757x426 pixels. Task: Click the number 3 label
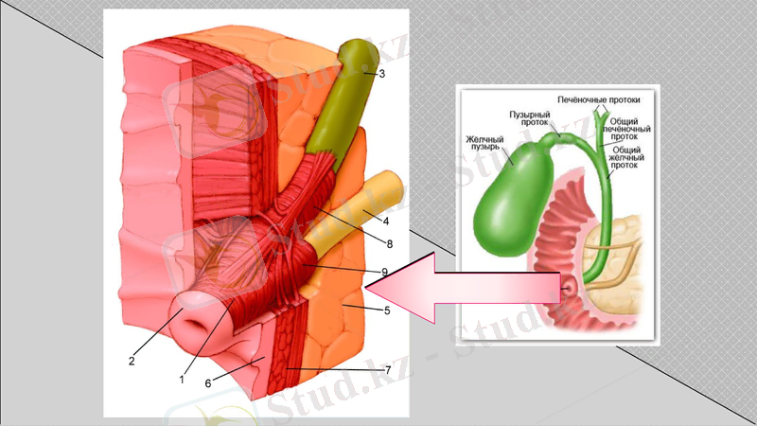coord(380,73)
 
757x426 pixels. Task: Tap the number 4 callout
coord(387,221)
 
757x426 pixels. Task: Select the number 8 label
coord(388,244)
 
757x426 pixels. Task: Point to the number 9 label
coord(385,272)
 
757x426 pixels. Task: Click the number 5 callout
coord(387,309)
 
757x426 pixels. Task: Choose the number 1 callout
coord(181,380)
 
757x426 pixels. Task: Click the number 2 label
coord(133,360)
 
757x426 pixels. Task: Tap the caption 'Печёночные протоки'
coord(599,98)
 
